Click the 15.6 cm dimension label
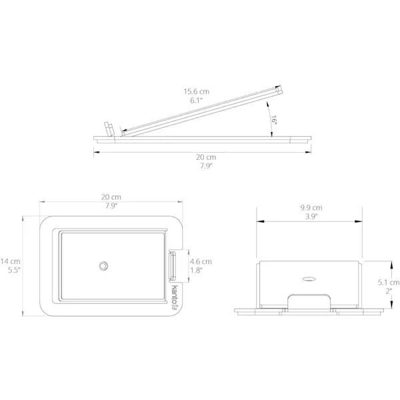tap(197, 91)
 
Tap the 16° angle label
tap(274, 120)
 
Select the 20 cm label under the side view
tap(206, 157)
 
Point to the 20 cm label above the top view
tap(111, 197)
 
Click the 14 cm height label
tap(10, 261)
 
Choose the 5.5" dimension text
tap(14, 270)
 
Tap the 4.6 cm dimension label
tap(201, 261)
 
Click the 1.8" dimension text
tap(196, 271)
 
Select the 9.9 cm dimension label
tap(311, 207)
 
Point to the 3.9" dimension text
tap(311, 217)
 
